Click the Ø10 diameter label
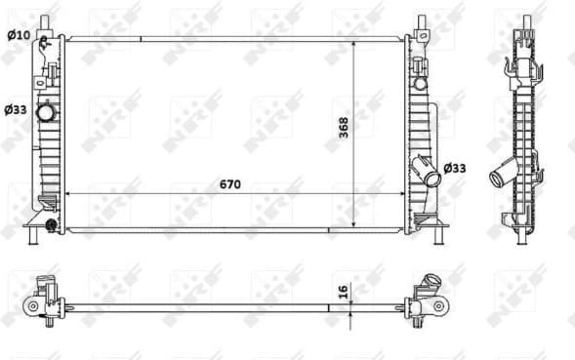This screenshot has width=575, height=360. pos(18,36)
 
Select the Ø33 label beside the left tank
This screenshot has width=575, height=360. pos(17,109)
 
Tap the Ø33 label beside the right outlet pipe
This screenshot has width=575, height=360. pos(455,168)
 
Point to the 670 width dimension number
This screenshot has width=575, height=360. pos(229,184)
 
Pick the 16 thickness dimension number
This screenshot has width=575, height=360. pos(344,291)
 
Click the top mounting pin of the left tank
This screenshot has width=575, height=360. pos(43,24)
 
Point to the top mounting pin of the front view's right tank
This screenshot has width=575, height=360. pos(421,24)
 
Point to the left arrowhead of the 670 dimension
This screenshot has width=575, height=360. pos(70,193)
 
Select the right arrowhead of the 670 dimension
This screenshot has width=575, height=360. pos(399,193)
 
